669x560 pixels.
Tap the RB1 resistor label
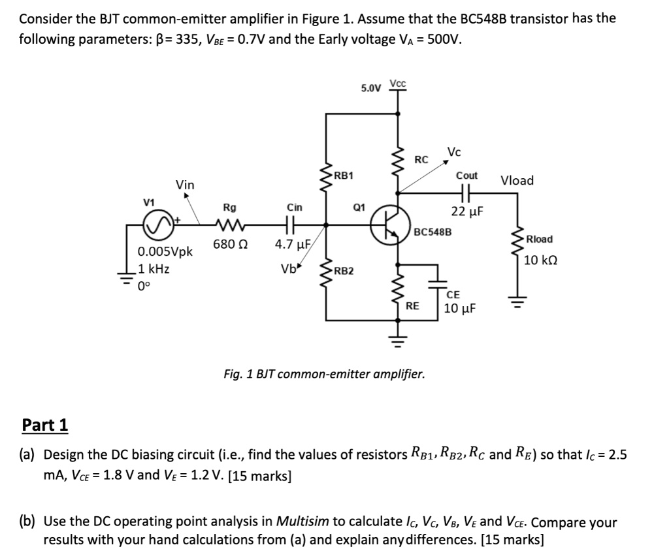coord(343,176)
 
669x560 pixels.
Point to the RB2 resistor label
coord(343,270)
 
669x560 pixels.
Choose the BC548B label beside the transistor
coord(433,232)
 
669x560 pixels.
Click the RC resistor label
coord(421,159)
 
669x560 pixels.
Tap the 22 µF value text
coord(466,211)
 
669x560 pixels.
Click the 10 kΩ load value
coord(540,260)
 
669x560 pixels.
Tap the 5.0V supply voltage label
coord(370,87)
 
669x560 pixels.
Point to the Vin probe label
coord(185,185)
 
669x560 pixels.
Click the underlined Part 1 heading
coord(44,426)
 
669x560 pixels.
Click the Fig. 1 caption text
coord(323,375)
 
